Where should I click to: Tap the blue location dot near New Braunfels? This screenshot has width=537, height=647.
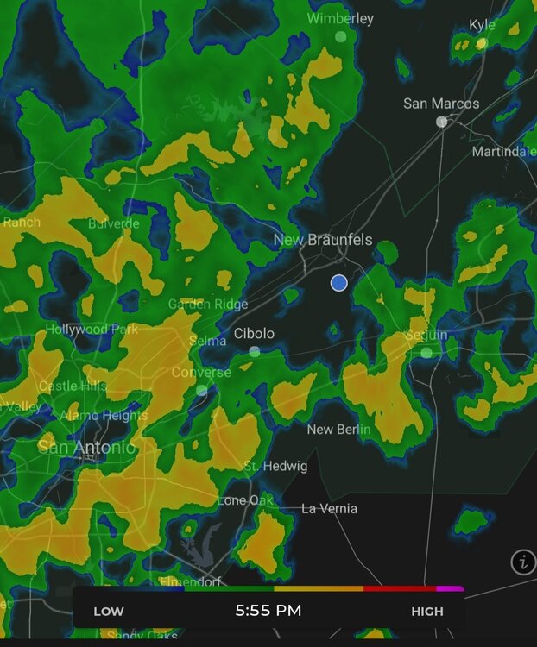pos(338,283)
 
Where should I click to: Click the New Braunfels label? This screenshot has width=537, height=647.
pos(323,240)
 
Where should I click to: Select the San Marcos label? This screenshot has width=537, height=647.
pos(441,104)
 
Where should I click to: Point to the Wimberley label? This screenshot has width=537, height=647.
pos(340,18)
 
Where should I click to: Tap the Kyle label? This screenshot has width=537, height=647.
pos(482,25)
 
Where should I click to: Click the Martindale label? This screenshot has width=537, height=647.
pos(503,152)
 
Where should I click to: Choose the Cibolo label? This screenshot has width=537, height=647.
pos(254,334)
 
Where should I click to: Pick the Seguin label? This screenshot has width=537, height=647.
pos(426,335)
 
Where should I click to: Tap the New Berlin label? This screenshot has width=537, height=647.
pos(338,430)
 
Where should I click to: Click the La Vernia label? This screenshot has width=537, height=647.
pos(329,509)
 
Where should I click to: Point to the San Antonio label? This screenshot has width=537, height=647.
pos(86,448)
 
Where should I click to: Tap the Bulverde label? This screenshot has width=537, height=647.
pos(113,224)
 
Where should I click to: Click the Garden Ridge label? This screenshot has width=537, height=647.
pos(207,305)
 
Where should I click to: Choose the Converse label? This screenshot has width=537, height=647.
pos(201,373)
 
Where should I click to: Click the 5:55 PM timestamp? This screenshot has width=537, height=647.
pos(268,611)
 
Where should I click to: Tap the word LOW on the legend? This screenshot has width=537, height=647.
pos(109,612)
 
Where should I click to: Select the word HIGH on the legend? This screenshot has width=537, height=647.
pos(427,612)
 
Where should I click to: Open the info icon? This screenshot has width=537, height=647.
pos(523,562)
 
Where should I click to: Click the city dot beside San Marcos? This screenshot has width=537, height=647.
pos(441,122)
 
